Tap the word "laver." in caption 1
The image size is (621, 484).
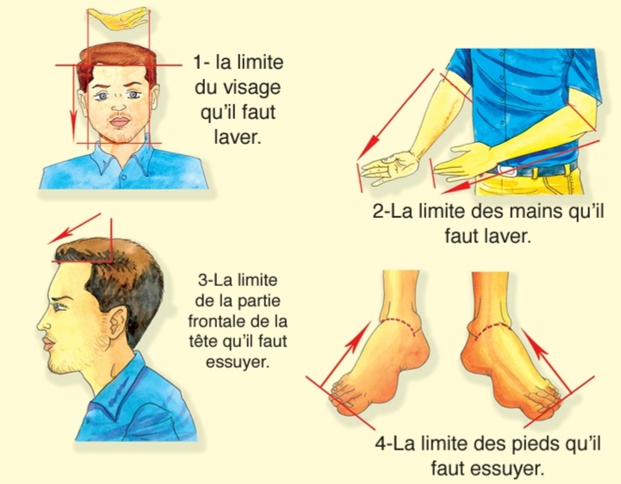(238, 137)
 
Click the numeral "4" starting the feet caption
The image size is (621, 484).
(381, 444)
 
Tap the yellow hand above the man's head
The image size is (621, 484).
(117, 19)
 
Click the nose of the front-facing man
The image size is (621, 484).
(118, 105)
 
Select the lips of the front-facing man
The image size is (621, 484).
(118, 121)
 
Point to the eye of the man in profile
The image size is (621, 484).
(59, 307)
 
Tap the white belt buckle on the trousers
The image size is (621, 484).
(506, 171)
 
